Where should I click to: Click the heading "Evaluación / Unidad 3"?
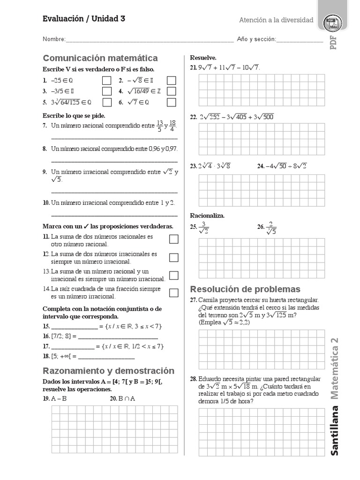click(x=84, y=19)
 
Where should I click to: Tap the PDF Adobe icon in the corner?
click(x=333, y=23)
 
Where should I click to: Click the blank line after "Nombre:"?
click(x=150, y=41)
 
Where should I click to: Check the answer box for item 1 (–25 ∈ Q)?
click(x=107, y=80)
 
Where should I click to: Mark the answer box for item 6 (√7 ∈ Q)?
click(x=171, y=102)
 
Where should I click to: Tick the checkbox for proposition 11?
click(x=173, y=240)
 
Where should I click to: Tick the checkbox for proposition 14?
click(x=173, y=293)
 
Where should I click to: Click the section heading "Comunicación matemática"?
click(x=100, y=58)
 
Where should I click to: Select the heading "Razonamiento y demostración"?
click(x=108, y=371)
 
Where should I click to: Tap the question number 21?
click(x=193, y=67)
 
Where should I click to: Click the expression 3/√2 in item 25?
click(x=204, y=227)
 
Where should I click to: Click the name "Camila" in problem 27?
click(x=208, y=300)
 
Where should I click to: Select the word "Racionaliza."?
click(x=207, y=216)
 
